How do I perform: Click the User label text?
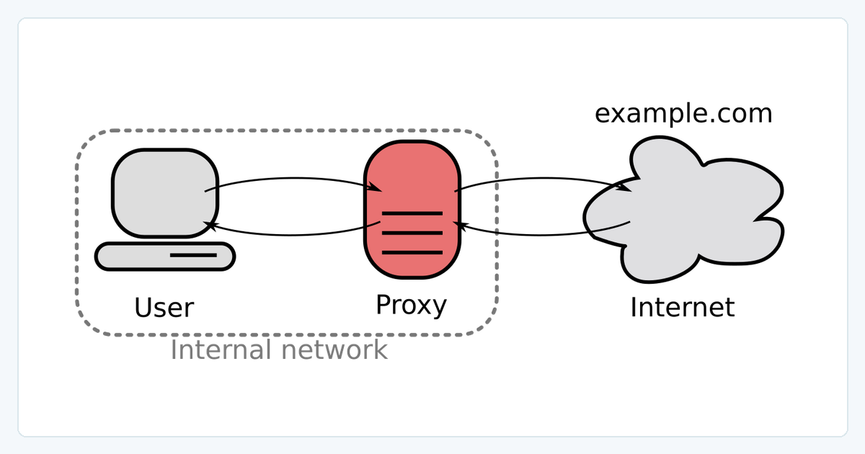(164, 308)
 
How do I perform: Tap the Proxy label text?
(412, 306)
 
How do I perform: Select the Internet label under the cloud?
(683, 308)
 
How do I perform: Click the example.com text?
(683, 114)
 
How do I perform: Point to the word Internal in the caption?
(221, 350)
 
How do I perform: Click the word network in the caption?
(334, 350)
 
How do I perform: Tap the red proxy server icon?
(412, 209)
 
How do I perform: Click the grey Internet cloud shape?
(683, 209)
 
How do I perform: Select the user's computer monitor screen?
(165, 192)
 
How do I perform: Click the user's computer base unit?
(165, 257)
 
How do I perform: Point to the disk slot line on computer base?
(193, 255)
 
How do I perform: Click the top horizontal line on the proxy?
(412, 213)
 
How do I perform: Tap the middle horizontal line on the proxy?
(412, 233)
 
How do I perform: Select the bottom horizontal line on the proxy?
(412, 252)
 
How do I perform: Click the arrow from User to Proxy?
(293, 179)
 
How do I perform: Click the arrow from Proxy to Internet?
(543, 179)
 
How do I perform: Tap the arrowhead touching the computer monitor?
(210, 226)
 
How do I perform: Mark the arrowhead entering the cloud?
(624, 187)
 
